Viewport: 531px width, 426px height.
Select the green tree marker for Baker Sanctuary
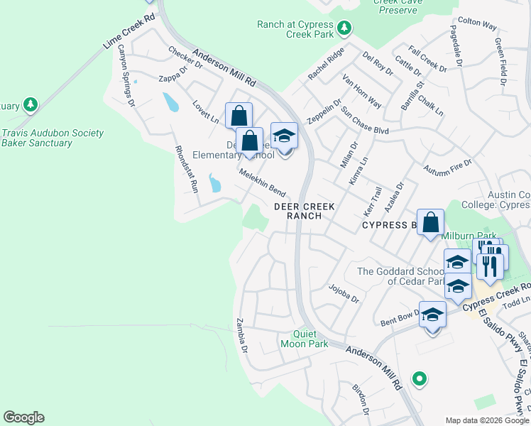coord(30,105)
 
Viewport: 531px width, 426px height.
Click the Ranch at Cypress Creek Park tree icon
coord(344,28)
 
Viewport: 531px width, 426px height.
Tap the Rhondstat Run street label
coord(186,170)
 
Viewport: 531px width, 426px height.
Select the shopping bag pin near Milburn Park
coord(430,222)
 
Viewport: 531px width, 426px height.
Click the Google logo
coord(23,417)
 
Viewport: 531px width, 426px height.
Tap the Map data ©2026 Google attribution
coord(486,420)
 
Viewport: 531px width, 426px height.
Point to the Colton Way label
coord(477,23)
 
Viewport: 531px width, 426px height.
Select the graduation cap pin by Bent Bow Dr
coord(432,315)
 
